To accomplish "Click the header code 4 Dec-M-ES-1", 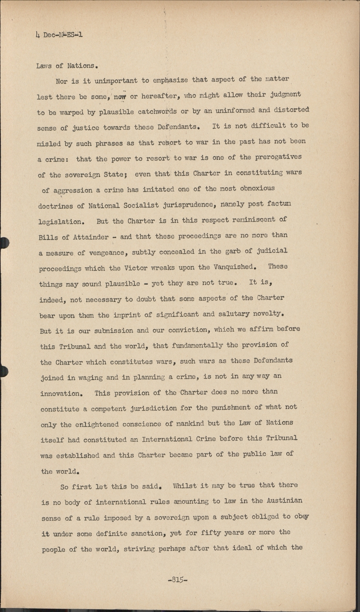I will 59,35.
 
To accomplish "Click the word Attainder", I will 90,237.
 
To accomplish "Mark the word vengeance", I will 104,253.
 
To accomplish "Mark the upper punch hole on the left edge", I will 3,242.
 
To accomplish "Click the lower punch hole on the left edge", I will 3,371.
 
